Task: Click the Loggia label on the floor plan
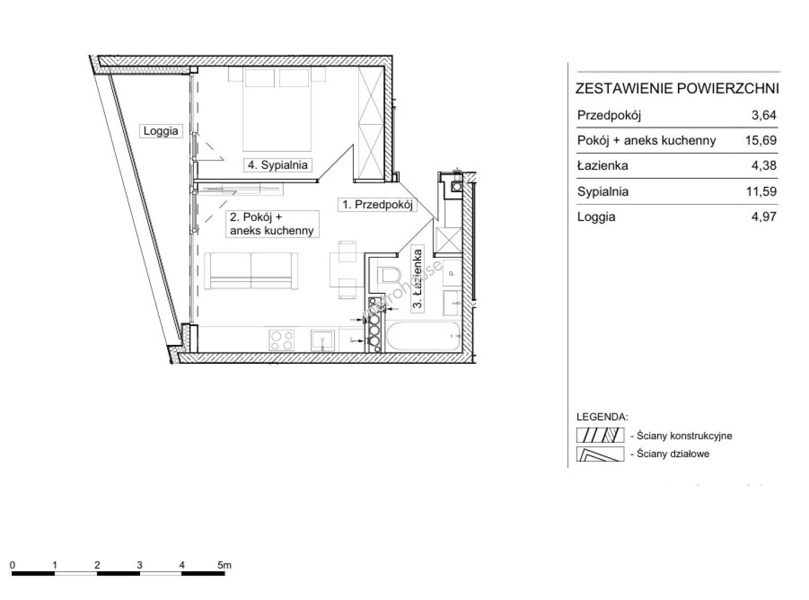point(161,131)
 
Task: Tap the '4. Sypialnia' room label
point(278,165)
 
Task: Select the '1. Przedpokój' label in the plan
point(377,204)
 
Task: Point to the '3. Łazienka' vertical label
point(418,278)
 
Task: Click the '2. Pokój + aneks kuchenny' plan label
point(272,224)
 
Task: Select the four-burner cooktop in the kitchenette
point(281,341)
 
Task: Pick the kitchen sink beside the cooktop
point(322,341)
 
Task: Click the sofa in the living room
point(251,271)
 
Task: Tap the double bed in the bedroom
point(277,109)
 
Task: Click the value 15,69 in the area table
point(761,140)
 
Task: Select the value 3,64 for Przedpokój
point(764,115)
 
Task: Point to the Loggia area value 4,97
point(764,217)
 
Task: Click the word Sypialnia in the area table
point(603,192)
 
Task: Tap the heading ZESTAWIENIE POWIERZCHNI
point(677,89)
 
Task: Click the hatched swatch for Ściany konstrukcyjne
point(600,435)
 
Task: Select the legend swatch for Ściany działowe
point(600,454)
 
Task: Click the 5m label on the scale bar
point(224,565)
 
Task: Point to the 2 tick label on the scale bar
point(97,565)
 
